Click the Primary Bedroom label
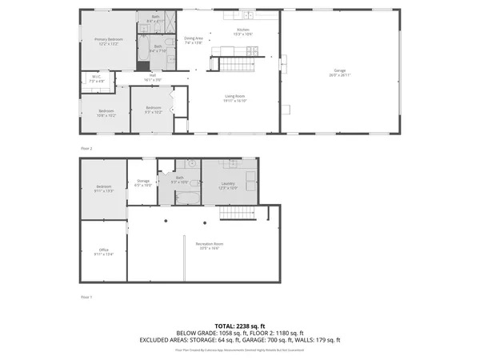click(x=109, y=39)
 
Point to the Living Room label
click(x=234, y=97)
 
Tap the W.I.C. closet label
click(x=96, y=78)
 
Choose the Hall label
click(x=152, y=78)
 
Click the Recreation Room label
click(x=210, y=243)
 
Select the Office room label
click(x=104, y=250)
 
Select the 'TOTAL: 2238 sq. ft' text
click(x=239, y=326)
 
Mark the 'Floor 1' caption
click(x=86, y=296)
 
